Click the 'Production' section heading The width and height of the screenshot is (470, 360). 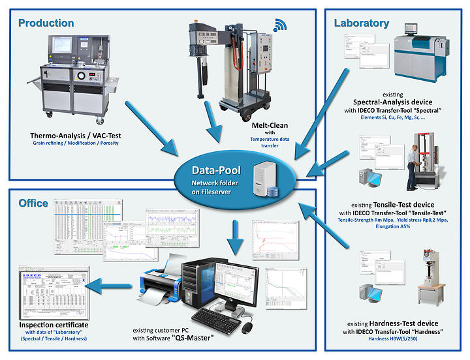coord(46,23)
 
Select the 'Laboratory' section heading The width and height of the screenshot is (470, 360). coord(362,23)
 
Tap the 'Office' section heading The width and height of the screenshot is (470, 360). coord(33,203)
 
